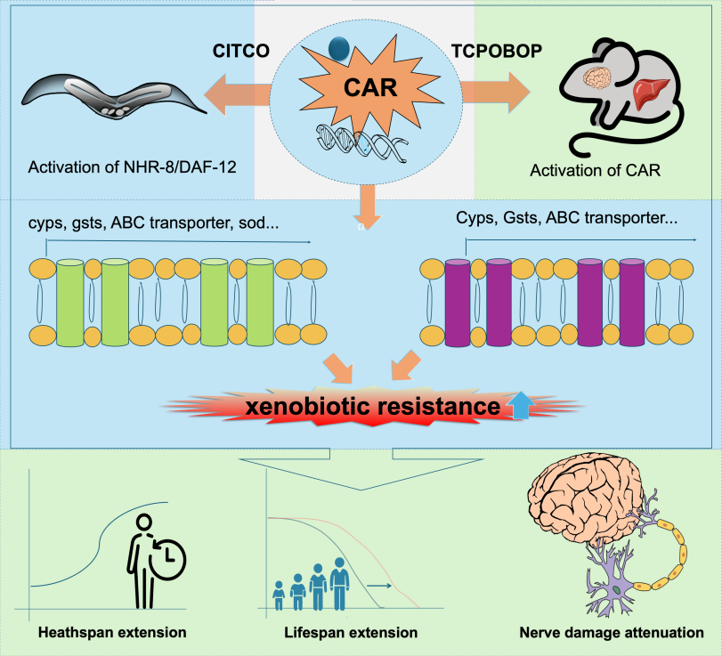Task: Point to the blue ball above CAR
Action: tap(338, 49)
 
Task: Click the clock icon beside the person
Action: tap(163, 559)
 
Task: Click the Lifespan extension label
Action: tap(350, 633)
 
